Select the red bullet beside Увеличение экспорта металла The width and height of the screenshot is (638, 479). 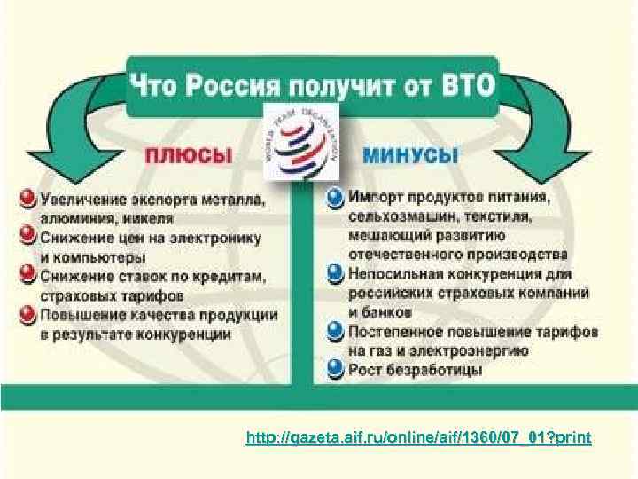pos(27,197)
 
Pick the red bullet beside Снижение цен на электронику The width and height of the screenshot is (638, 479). pos(27,238)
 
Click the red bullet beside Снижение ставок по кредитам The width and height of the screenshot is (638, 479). pos(27,276)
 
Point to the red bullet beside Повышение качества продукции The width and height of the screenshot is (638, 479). pos(27,315)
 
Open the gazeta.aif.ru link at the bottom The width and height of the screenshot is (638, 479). pos(421,439)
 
